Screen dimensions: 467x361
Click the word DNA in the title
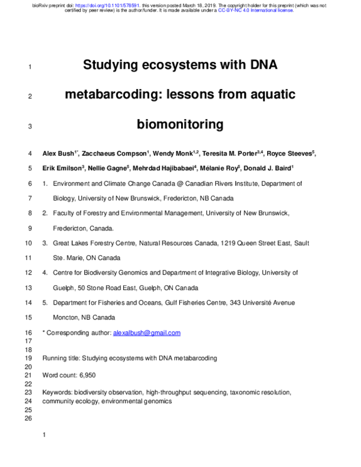coord(261,65)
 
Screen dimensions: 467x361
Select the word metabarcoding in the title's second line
coord(111,94)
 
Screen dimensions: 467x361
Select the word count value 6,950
coord(87,375)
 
